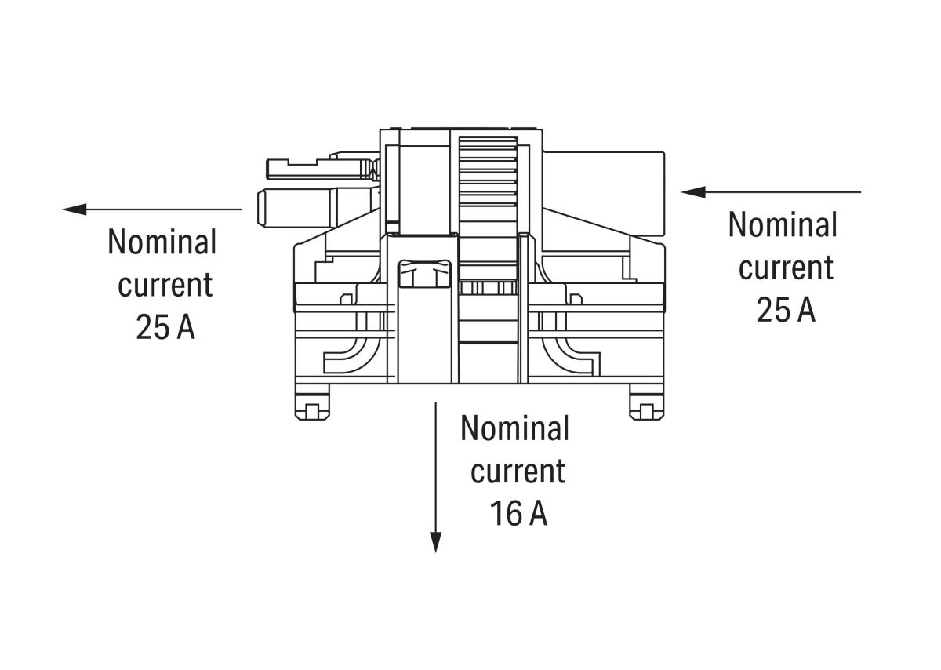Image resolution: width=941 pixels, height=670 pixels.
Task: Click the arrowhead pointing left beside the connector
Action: [x=74, y=209]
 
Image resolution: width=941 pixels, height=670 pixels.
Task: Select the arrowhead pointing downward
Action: [x=436, y=542]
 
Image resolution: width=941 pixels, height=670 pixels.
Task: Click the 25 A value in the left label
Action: [x=165, y=327]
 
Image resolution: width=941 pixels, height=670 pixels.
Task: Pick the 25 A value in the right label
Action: [x=785, y=311]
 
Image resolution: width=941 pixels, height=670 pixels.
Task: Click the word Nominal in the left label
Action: [x=162, y=242]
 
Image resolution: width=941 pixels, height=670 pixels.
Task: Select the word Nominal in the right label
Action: [x=783, y=225]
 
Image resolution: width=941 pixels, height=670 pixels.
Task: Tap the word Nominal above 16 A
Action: [x=514, y=428]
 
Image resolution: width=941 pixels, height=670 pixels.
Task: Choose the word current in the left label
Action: [x=165, y=284]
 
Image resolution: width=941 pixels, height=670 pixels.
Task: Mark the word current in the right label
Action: [x=785, y=268]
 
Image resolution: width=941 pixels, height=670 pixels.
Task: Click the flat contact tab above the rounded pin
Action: [x=318, y=168]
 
